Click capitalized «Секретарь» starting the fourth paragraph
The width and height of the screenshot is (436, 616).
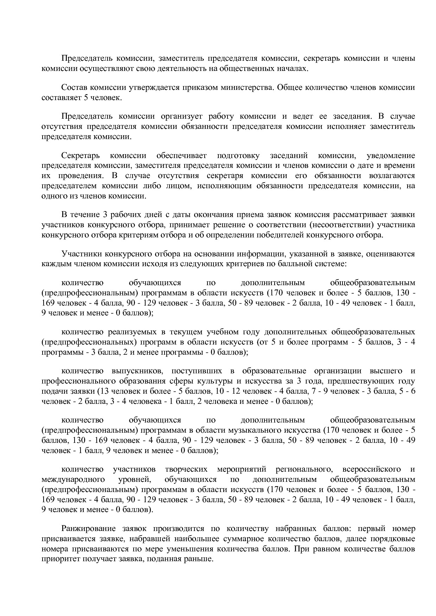(x=81, y=156)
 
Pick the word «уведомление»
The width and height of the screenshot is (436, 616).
(x=391, y=156)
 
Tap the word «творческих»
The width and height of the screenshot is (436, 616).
(x=186, y=469)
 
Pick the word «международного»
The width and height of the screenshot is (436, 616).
(x=73, y=479)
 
